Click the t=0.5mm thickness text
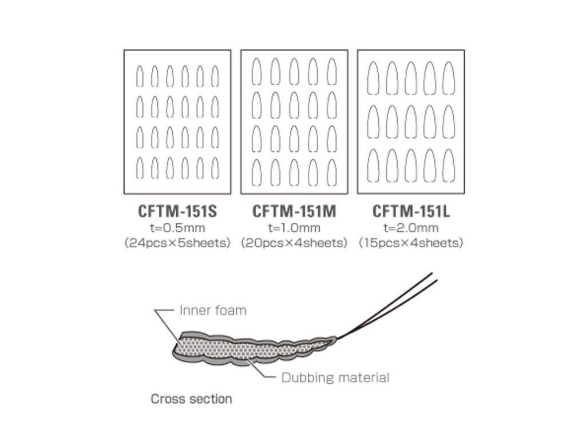[x=177, y=228]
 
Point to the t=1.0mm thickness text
[x=294, y=228]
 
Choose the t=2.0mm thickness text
[x=411, y=228]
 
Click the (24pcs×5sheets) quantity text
[x=177, y=243]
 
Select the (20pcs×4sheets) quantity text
[x=294, y=243]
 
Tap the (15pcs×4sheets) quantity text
[x=411, y=243]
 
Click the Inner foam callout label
[x=213, y=311]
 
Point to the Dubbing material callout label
[x=335, y=378]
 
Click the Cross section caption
[x=191, y=399]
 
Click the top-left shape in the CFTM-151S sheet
[x=140, y=76]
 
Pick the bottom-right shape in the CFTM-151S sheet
[x=215, y=167]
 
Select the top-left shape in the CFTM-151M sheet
[x=257, y=71]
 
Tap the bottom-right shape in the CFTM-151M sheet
[x=331, y=172]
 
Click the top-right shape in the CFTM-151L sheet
[x=448, y=77]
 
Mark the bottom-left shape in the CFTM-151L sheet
[x=374, y=165]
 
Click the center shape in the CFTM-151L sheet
[x=411, y=121]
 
